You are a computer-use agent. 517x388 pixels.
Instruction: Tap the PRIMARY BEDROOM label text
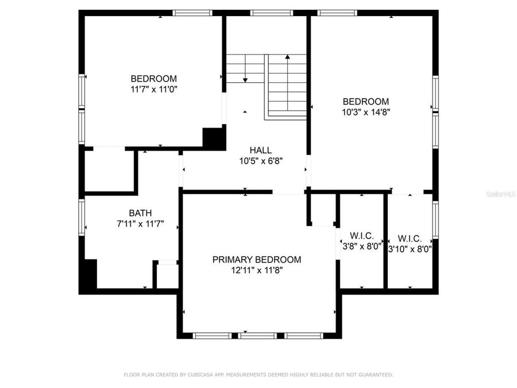(x=257, y=259)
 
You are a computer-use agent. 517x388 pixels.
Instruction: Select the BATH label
(x=140, y=213)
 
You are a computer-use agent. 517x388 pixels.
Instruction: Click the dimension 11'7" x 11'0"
(x=154, y=89)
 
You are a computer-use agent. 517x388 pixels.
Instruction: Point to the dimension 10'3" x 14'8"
(x=366, y=113)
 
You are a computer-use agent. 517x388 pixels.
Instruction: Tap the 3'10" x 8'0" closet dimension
(x=410, y=249)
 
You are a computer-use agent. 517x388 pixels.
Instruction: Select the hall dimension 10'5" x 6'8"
(x=261, y=161)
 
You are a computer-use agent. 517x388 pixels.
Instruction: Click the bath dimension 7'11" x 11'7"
(x=140, y=224)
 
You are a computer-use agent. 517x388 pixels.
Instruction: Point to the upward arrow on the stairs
(x=287, y=58)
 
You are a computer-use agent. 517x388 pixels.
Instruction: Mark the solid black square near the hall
(x=214, y=139)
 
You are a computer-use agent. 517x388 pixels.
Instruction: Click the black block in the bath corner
(x=88, y=276)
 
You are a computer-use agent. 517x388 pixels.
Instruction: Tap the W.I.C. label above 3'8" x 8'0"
(x=362, y=236)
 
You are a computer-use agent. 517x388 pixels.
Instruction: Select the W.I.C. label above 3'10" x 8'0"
(x=410, y=238)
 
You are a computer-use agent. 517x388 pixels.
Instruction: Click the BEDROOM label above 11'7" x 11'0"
(x=154, y=79)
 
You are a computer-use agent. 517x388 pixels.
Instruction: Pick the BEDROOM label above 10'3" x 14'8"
(x=366, y=102)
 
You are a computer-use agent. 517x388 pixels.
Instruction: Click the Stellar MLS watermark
(x=501, y=194)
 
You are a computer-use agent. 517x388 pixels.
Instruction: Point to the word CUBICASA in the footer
(x=201, y=375)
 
